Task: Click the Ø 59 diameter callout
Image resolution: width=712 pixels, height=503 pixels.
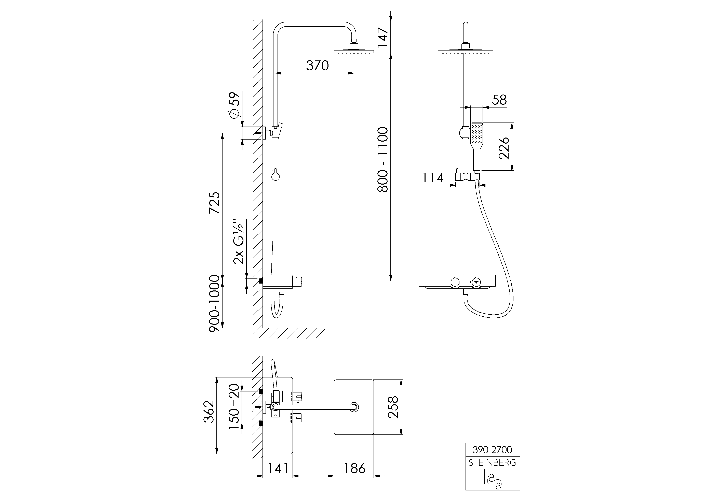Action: pos(234,105)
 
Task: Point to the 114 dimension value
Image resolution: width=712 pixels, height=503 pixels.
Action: pos(433,178)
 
